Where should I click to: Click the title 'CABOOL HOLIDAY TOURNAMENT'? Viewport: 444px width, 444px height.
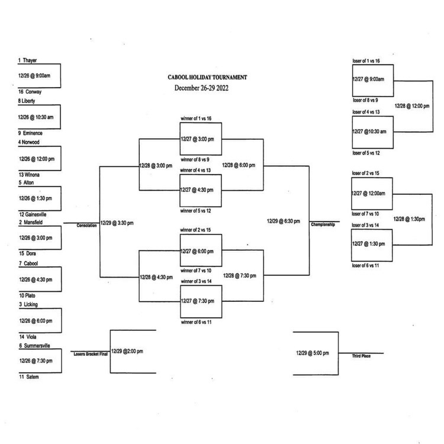(x=207, y=78)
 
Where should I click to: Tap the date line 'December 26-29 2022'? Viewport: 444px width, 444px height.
(x=201, y=88)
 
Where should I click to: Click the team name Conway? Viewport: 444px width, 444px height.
(x=33, y=92)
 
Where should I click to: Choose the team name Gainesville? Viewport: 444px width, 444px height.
(x=36, y=214)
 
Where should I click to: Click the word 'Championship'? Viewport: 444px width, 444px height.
(x=323, y=225)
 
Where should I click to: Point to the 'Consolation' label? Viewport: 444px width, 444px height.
(x=86, y=226)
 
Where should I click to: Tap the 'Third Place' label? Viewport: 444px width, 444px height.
(x=361, y=356)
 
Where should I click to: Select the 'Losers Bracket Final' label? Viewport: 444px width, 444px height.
(x=89, y=353)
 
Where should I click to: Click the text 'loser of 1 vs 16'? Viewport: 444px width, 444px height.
(x=366, y=61)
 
